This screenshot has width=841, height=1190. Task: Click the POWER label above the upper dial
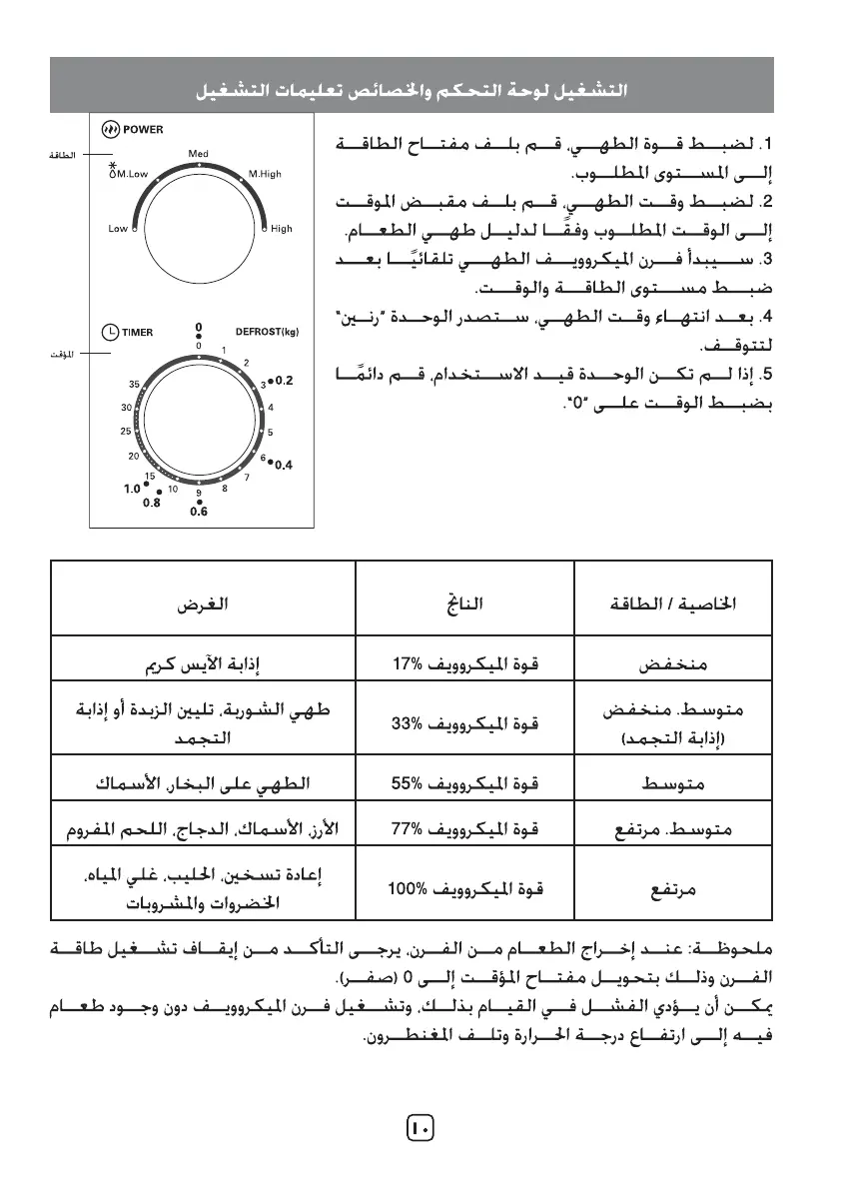[143, 130]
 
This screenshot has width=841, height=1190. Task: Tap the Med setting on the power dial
[198, 154]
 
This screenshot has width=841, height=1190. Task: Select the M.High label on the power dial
[265, 174]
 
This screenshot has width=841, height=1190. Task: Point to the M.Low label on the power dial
[131, 174]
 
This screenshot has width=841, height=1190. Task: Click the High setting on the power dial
[282, 229]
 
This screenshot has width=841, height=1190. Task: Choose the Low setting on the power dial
[118, 229]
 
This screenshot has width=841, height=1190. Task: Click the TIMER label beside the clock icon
[138, 333]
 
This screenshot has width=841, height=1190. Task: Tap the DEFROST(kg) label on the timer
[267, 333]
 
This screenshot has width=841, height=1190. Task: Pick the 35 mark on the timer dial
[134, 385]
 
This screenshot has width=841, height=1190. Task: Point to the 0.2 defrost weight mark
[284, 381]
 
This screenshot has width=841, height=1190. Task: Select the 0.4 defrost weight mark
[284, 465]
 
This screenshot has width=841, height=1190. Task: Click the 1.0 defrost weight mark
[132, 490]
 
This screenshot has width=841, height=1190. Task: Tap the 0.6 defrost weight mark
[198, 512]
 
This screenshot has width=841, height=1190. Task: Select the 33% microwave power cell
[464, 724]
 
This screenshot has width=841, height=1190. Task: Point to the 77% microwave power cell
[464, 829]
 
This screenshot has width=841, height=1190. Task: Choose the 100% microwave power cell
[464, 887]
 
